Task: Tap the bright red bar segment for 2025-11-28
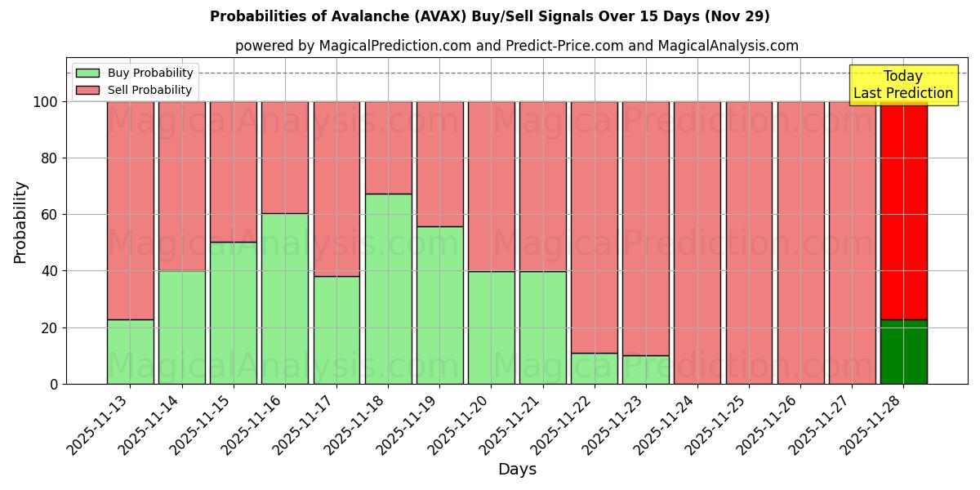coord(903,210)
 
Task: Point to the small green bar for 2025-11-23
coord(646,369)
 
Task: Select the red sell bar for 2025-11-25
coord(749,243)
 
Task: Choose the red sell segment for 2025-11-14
coord(181,186)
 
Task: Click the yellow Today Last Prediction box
coord(902,85)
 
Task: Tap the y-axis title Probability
coord(20,221)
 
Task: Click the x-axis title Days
coord(517,470)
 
